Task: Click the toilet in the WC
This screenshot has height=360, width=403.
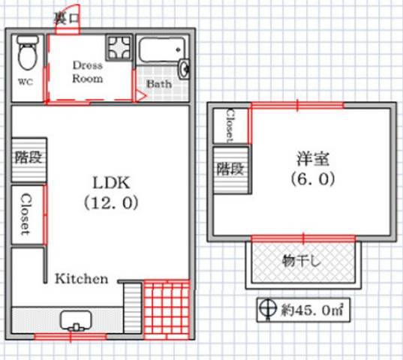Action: coord(28,52)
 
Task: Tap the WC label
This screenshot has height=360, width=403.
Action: coord(26,82)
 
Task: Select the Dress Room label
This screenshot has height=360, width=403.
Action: coord(88,72)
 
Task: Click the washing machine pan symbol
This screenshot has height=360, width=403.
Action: coord(119,47)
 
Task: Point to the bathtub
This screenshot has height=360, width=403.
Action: coord(162,50)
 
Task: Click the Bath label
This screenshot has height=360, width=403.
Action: coord(159,84)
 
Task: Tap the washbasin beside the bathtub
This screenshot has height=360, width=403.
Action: coord(185,69)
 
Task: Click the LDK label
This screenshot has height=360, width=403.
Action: coord(111,183)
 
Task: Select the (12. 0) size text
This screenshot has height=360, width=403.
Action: coord(111,202)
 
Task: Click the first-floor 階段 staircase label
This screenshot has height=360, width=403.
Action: coord(29,157)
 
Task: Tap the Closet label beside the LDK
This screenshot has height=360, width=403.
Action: coord(26,214)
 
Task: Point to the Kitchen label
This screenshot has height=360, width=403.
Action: coord(82,279)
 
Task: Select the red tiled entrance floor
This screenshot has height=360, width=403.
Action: coord(167,310)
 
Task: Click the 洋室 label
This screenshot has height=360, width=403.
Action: coord(313,159)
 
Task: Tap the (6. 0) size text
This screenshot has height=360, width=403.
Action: coord(313,178)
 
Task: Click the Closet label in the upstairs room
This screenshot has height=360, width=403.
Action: coord(230,126)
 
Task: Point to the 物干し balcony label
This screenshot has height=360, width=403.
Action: coord(302,262)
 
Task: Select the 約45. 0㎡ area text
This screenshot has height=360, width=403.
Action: coord(312,310)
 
